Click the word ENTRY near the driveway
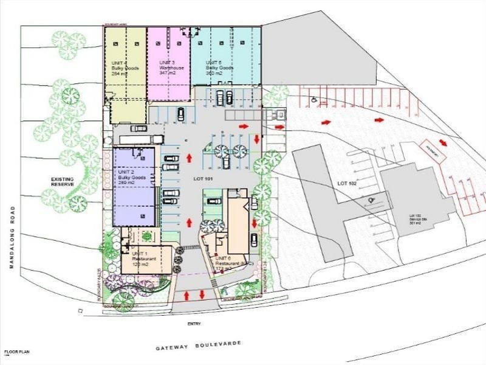pyautogui.click(x=194, y=324)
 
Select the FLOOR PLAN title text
pyautogui.click(x=16, y=352)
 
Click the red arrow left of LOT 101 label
pyautogui.click(x=189, y=159)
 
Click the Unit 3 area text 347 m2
pyautogui.click(x=167, y=73)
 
